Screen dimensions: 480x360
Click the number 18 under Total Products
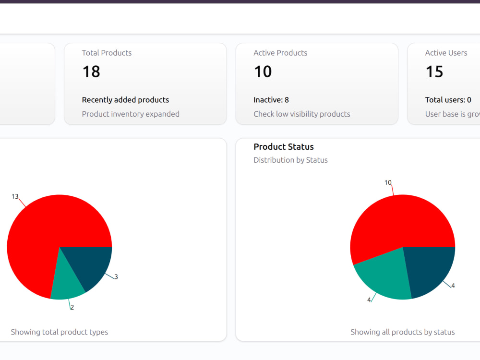click(x=91, y=72)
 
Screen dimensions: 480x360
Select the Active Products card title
click(x=280, y=53)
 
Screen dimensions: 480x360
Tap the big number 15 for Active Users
click(x=434, y=72)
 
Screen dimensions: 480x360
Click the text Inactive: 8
click(x=271, y=100)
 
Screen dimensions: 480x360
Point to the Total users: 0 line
click(x=448, y=100)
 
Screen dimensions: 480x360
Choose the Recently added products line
click(x=125, y=100)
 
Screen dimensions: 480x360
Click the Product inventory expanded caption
click(x=131, y=114)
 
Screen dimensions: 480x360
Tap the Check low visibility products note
click(x=301, y=114)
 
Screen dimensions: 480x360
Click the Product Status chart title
click(x=284, y=146)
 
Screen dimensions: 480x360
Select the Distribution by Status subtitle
click(x=290, y=160)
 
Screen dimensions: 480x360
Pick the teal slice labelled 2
click(x=67, y=283)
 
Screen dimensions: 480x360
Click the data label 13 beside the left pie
click(x=15, y=196)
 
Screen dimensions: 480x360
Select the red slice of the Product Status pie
click(x=398, y=224)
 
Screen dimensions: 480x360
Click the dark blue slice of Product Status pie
click(x=429, y=269)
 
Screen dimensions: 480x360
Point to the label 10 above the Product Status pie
click(x=388, y=183)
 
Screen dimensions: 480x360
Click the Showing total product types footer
click(x=60, y=332)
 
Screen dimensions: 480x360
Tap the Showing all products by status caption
click(x=403, y=332)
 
